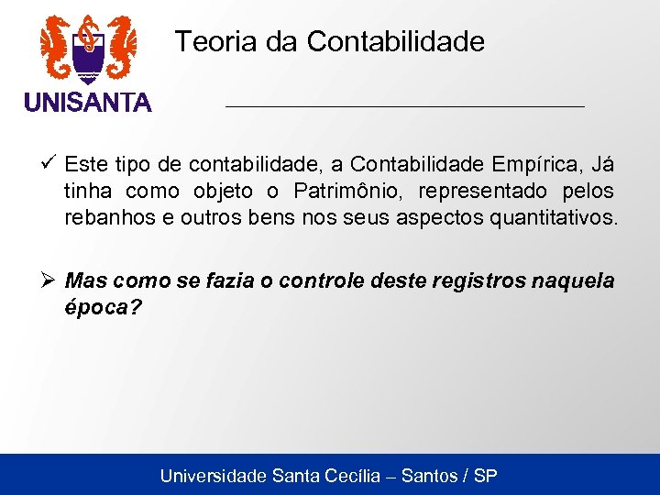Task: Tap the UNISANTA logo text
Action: (88, 103)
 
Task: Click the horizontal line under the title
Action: (404, 107)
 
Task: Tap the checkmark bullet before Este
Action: (50, 164)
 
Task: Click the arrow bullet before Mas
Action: (50, 279)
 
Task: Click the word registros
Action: (470, 280)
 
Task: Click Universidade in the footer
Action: (213, 476)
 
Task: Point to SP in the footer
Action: (486, 476)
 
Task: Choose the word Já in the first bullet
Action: (602, 165)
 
